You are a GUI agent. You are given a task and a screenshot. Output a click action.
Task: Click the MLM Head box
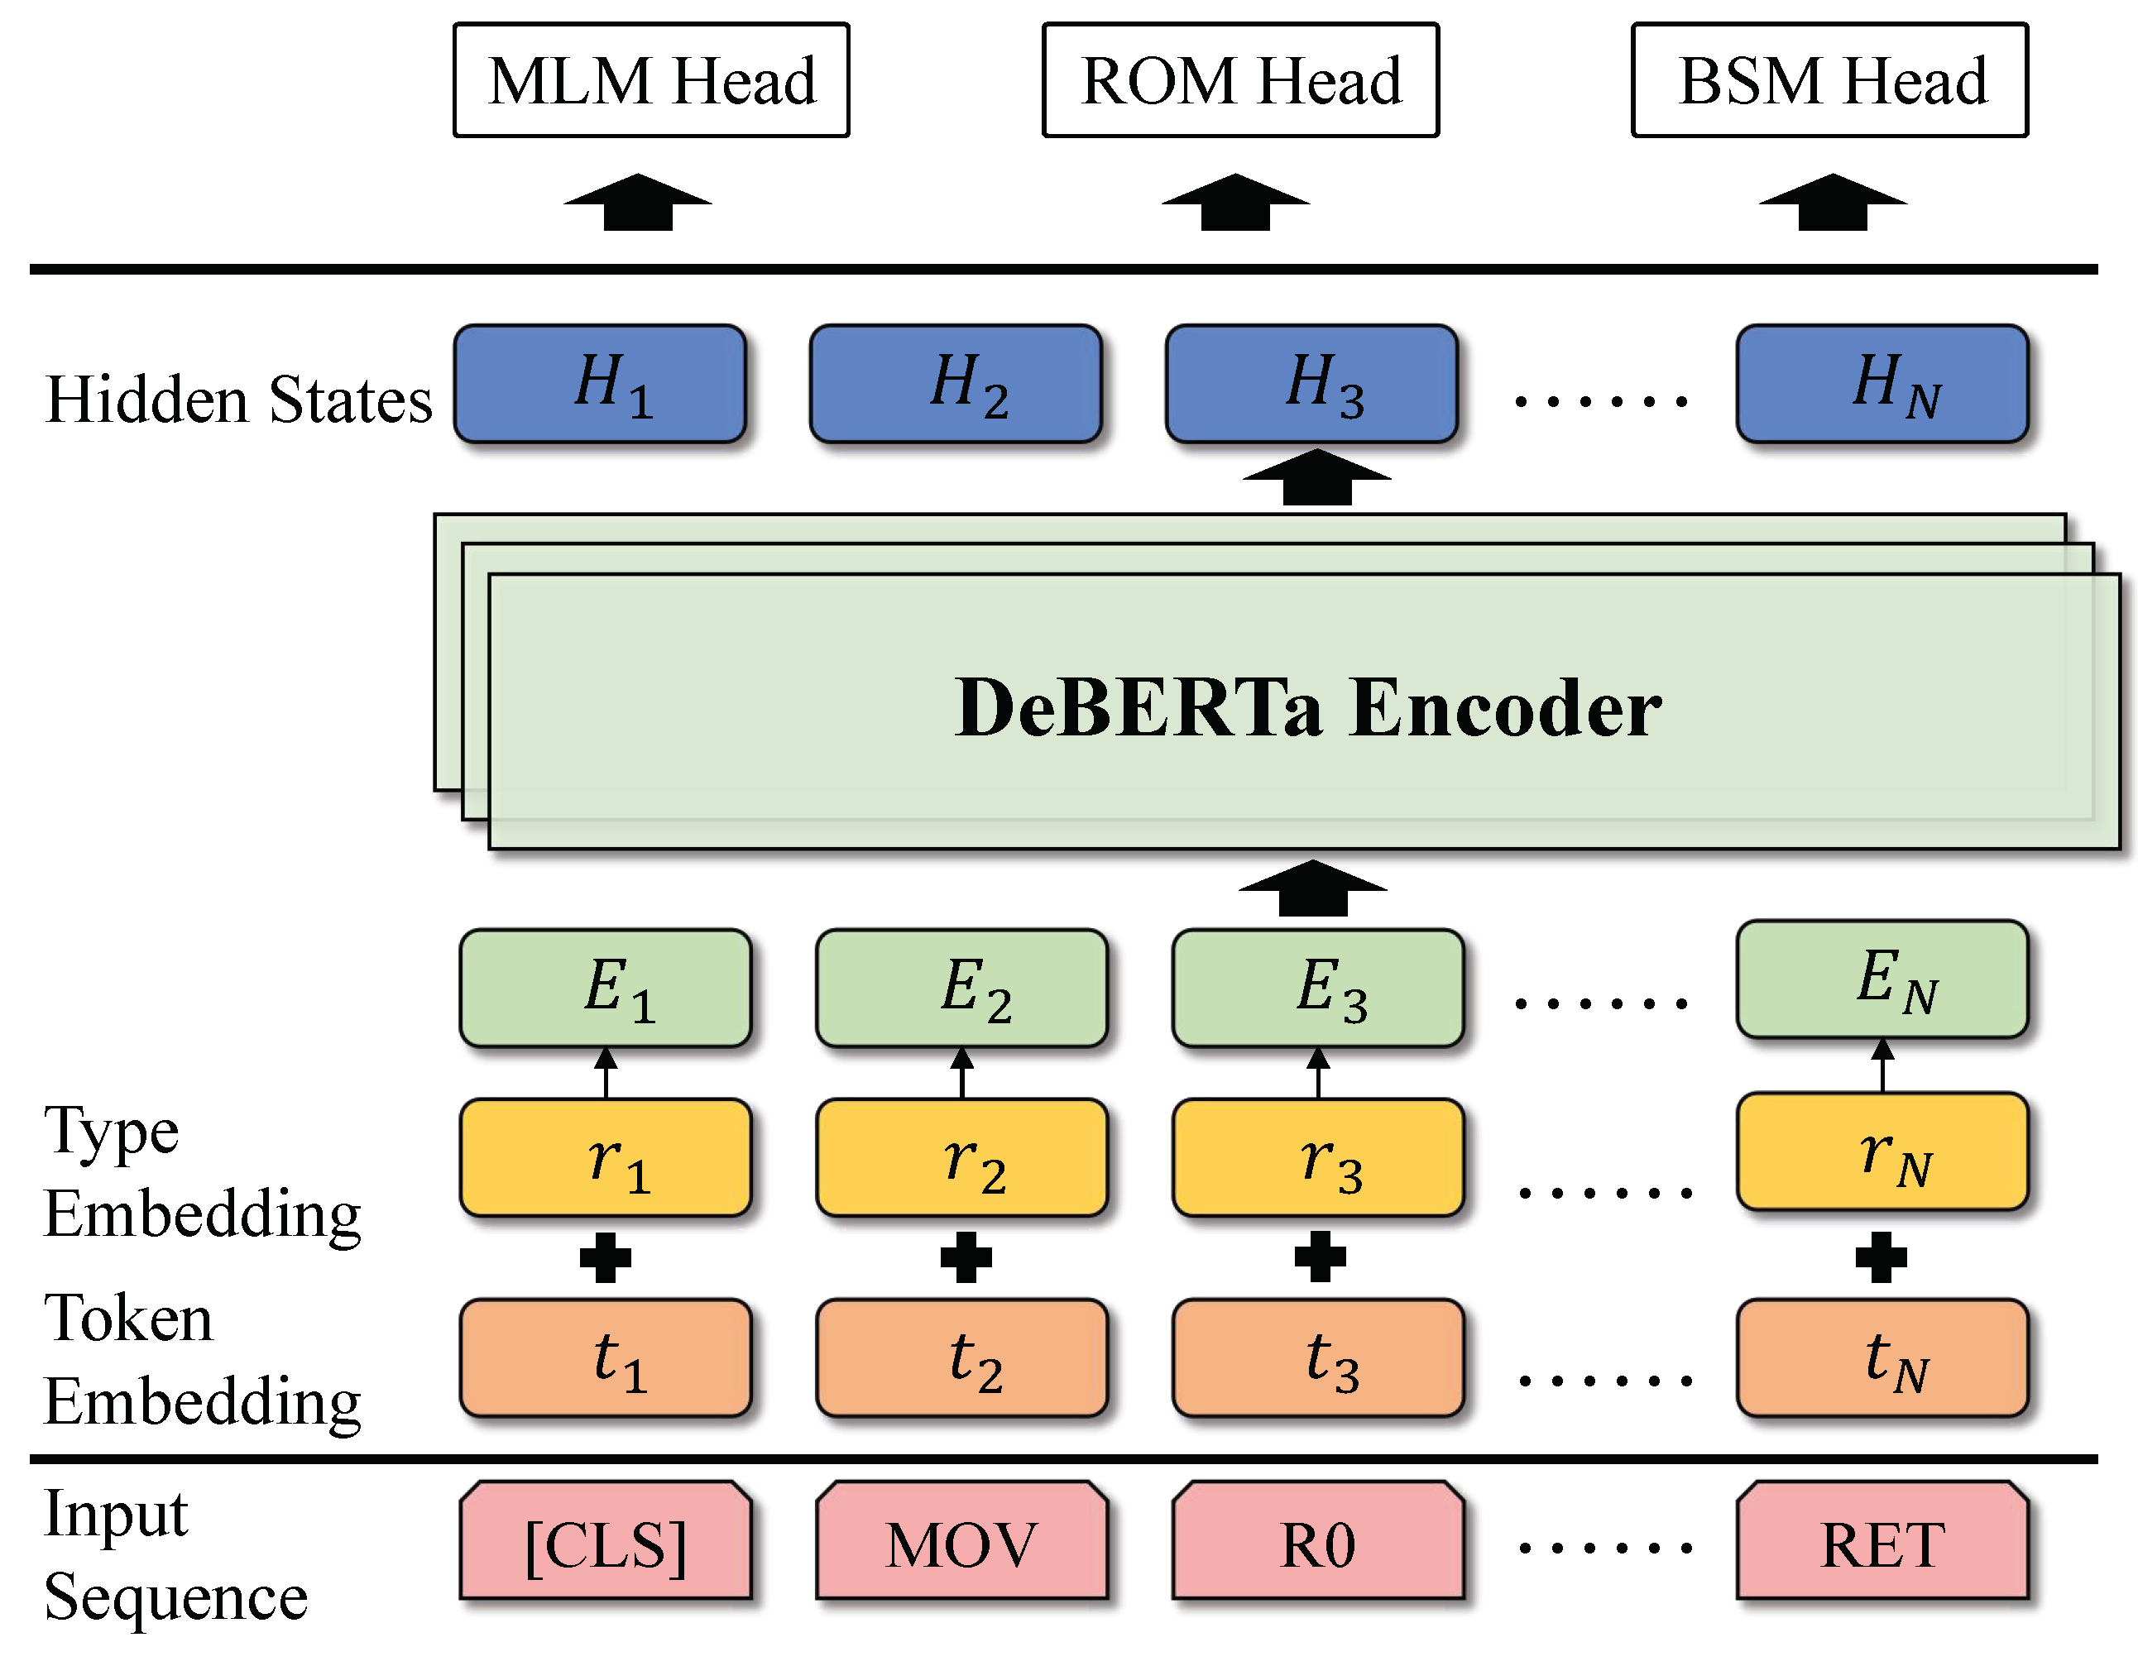click(651, 80)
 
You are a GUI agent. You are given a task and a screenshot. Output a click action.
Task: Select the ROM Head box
click(1240, 80)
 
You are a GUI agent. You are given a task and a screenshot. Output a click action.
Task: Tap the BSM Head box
click(1829, 80)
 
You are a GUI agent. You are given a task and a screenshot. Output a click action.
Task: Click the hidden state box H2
click(956, 384)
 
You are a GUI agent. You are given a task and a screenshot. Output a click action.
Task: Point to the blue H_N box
click(1882, 384)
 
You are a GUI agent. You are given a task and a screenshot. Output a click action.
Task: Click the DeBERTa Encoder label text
click(1307, 708)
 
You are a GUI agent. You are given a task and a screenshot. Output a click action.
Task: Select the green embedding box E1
click(605, 988)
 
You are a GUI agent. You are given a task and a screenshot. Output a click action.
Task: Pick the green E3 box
click(1318, 988)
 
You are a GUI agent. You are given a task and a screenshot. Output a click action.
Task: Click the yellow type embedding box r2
click(961, 1158)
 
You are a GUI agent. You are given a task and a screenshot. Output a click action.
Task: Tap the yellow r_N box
click(1882, 1151)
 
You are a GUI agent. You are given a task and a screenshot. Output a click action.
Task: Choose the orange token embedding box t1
click(605, 1357)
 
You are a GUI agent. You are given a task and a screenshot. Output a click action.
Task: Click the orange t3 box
click(1318, 1357)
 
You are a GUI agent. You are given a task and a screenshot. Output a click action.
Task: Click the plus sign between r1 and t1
click(605, 1258)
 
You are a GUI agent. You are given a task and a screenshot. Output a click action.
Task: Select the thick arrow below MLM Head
click(637, 203)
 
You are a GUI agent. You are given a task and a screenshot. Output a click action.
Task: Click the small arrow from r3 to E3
click(1318, 1073)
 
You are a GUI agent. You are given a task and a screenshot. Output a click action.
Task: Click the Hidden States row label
click(238, 400)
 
